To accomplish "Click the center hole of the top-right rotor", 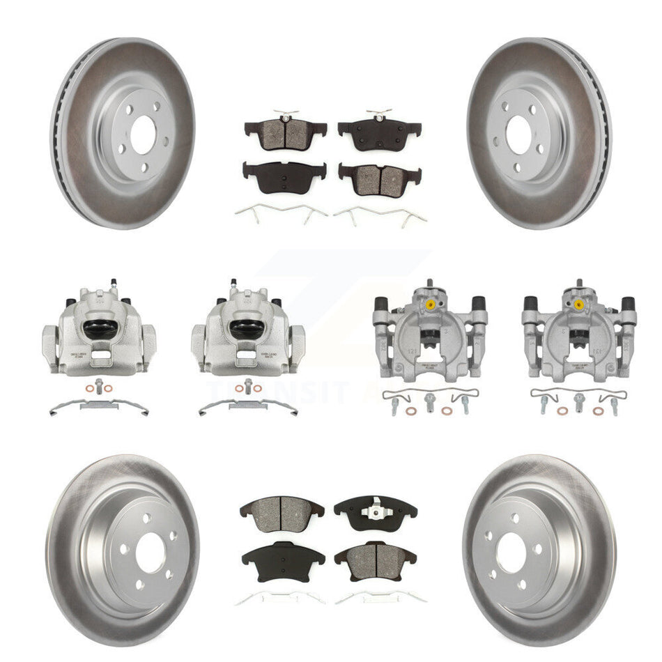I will click(519, 130).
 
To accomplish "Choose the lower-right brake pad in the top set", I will click(380, 178).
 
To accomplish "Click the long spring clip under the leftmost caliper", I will click(98, 406).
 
